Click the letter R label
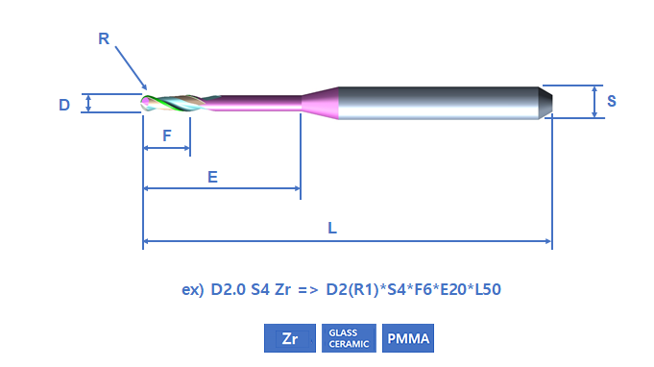coord(104,38)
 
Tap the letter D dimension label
coord(64,105)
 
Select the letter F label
coord(167,135)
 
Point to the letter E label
coord(212,177)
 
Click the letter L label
coord(332,228)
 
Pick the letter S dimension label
coord(612,101)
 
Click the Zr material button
coord(290,338)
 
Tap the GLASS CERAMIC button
coord(349,338)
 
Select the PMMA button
coord(408,338)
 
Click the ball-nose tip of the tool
coord(144,103)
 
